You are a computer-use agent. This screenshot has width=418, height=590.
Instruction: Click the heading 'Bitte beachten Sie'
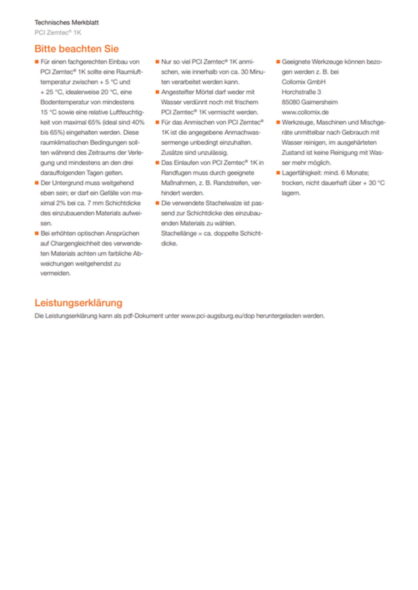click(76, 49)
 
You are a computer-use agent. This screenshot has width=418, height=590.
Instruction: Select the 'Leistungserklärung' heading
click(78, 303)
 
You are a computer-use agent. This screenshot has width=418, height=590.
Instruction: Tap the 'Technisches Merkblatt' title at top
click(66, 23)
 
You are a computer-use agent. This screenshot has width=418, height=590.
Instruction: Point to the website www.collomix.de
click(305, 112)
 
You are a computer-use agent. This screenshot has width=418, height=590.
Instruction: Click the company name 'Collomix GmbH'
click(303, 82)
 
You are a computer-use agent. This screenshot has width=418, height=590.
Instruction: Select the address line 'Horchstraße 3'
click(301, 92)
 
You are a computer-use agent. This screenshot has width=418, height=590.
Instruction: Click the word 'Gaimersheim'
click(319, 102)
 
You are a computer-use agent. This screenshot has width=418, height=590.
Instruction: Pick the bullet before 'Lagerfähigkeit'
click(278, 173)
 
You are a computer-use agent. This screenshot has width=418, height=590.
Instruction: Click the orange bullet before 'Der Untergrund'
click(37, 183)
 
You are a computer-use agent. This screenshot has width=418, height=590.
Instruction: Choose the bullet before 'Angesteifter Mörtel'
click(157, 92)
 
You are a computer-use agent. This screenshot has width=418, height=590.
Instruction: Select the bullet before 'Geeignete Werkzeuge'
click(278, 62)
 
